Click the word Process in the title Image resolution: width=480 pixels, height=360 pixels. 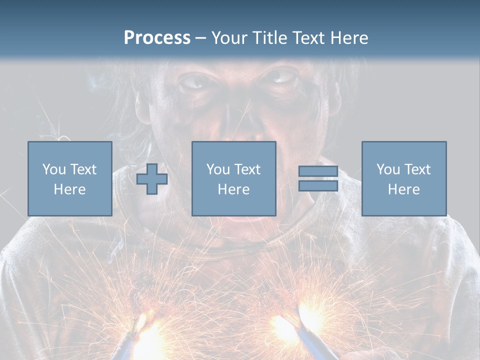click(x=157, y=37)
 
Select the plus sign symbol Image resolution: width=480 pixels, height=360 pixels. click(x=152, y=179)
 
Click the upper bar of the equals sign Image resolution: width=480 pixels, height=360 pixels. click(x=318, y=171)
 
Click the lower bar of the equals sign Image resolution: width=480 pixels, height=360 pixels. click(x=318, y=186)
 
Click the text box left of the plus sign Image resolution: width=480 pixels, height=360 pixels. click(x=69, y=178)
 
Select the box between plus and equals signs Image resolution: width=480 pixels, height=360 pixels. click(x=233, y=178)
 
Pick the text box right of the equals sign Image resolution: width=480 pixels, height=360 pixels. click(x=403, y=178)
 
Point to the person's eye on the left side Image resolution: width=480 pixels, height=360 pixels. click(x=196, y=81)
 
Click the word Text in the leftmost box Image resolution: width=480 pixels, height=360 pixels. click(x=83, y=169)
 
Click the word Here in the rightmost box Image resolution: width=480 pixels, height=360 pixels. click(x=403, y=189)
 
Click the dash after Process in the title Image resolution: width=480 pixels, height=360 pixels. click(x=200, y=38)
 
